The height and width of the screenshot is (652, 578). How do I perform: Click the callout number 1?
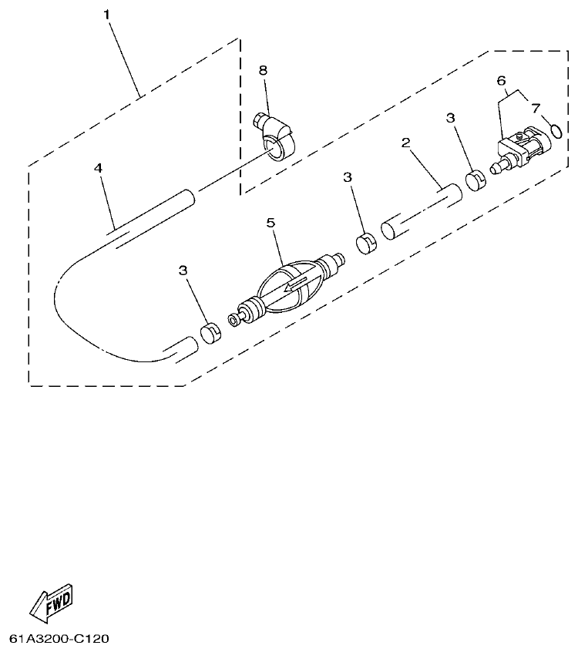pos(108,15)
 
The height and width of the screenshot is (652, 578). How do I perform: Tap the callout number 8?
pos(263,70)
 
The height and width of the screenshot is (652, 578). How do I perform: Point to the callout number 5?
pos(271,223)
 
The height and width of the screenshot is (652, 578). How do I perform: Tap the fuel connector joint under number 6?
pos(514,150)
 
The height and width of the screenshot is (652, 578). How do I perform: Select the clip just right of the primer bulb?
pos(366,244)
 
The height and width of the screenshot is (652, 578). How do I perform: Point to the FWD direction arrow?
pos(52,602)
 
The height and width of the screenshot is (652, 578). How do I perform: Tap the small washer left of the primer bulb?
pos(233,318)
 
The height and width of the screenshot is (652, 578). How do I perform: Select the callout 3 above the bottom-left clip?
pos(183,271)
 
